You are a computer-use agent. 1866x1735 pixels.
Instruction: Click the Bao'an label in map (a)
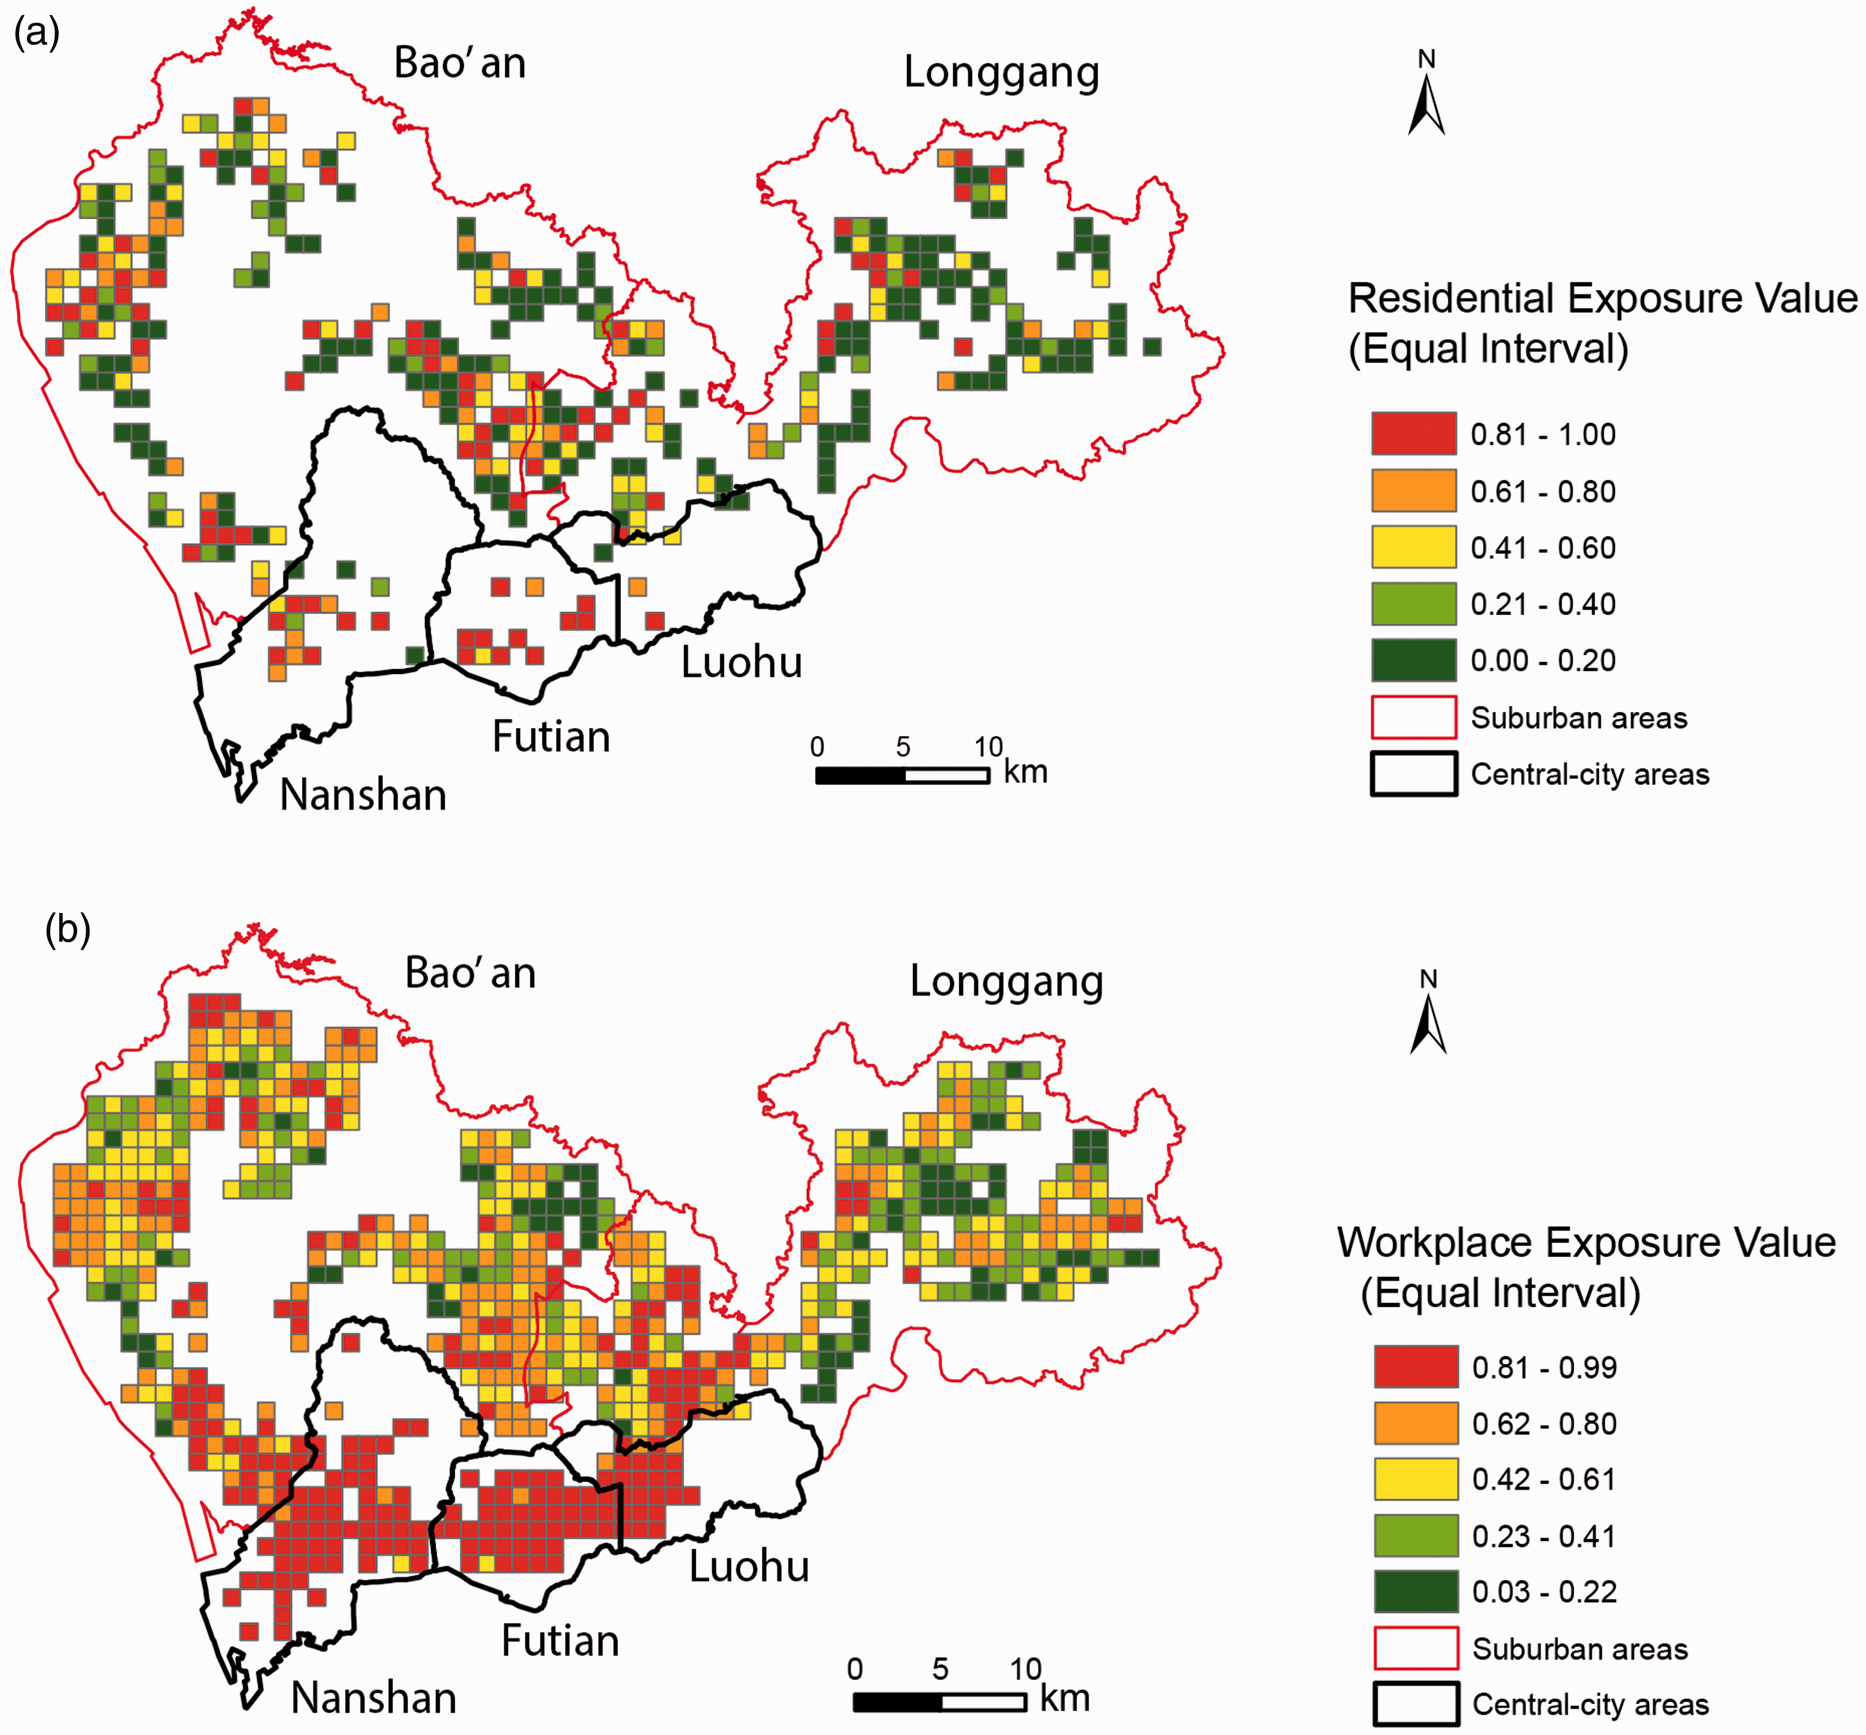[460, 63]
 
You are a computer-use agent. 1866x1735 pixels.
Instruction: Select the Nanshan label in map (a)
[363, 795]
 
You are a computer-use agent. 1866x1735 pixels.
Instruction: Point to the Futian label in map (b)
[560, 1640]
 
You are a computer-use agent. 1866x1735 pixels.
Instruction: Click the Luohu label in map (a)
[742, 662]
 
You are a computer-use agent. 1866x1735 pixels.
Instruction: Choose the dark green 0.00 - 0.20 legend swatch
[1414, 660]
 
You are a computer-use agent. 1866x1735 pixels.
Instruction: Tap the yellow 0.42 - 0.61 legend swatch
[1416, 1479]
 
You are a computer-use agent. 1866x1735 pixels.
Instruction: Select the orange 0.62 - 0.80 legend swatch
[1416, 1422]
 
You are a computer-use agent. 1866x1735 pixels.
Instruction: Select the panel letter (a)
[36, 33]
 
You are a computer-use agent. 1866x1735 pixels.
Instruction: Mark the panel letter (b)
[68, 930]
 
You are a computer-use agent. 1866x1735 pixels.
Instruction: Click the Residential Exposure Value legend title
[1602, 323]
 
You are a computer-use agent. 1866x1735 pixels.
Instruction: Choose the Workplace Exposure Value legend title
[1586, 1268]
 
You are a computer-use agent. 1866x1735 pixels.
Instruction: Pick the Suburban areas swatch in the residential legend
[1414, 717]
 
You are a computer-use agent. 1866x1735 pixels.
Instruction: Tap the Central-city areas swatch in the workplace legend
[1416, 1704]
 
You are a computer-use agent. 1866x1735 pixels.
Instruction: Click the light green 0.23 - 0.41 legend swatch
[1416, 1536]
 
